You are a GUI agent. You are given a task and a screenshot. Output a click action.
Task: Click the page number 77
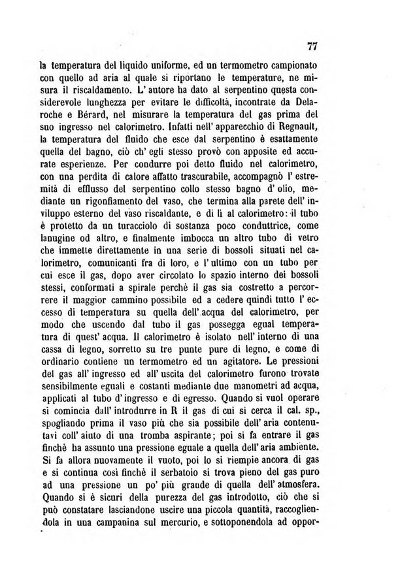pyautogui.click(x=311, y=46)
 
